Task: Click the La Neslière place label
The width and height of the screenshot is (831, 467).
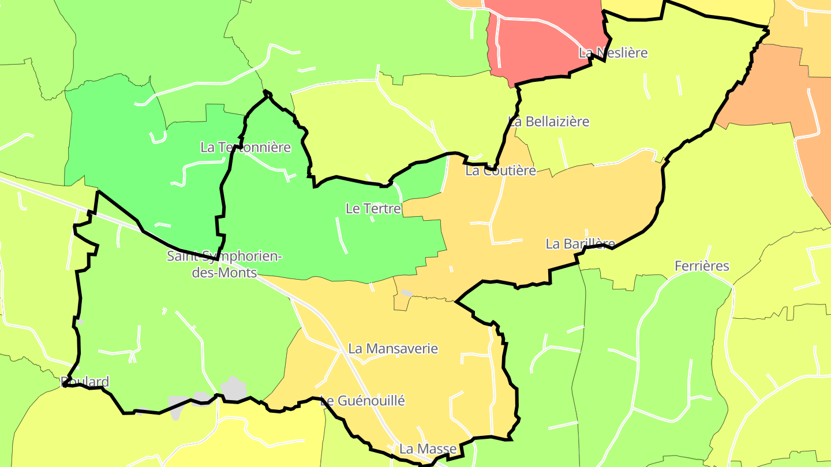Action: [613, 53]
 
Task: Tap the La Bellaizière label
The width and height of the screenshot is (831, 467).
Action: [548, 122]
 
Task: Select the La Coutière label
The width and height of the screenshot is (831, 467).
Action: [500, 171]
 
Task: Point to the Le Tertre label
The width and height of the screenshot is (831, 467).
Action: [373, 209]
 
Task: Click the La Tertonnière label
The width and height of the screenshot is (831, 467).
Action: [245, 147]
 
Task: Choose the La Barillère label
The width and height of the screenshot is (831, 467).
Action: [580, 244]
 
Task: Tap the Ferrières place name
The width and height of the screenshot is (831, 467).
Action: [702, 266]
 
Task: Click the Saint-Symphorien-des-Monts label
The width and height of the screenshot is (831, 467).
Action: [224, 264]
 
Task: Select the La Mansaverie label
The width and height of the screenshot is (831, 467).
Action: [392, 349]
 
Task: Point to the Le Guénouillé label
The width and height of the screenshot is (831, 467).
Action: [362, 401]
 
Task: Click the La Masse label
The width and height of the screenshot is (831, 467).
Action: [428, 449]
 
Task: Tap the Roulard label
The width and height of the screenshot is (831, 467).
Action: [85, 382]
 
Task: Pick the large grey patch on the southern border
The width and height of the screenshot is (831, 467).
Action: [233, 388]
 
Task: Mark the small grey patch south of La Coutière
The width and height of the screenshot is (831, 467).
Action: [406, 293]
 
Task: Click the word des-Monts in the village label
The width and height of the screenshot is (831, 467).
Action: [224, 273]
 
